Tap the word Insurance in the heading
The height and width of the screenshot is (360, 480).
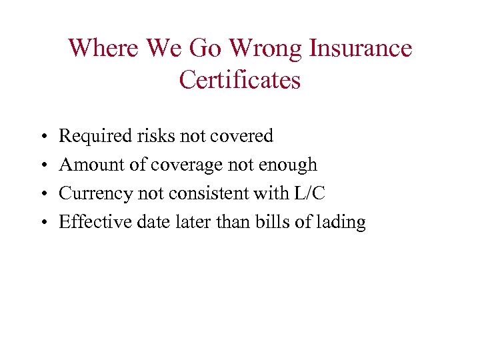click(360, 49)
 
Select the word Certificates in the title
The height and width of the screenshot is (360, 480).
click(240, 80)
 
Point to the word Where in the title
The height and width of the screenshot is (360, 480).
click(101, 49)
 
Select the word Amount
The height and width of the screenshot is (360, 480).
click(87, 165)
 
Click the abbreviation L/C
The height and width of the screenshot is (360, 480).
click(310, 193)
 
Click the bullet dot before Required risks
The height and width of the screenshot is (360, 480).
click(43, 137)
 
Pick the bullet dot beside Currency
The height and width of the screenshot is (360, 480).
click(43, 195)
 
